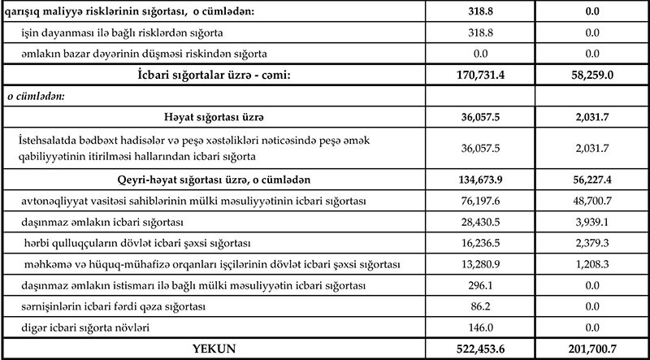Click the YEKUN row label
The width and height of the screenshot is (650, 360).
[213, 349]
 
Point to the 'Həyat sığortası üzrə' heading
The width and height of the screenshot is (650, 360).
[212, 115]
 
